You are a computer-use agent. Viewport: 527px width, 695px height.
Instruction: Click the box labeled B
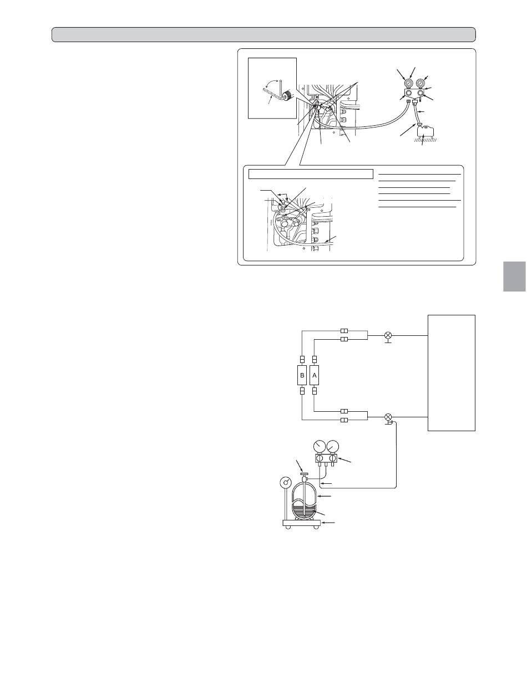click(302, 375)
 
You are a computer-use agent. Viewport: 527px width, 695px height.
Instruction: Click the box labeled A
click(314, 375)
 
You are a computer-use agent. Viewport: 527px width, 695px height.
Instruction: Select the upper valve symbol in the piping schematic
click(388, 335)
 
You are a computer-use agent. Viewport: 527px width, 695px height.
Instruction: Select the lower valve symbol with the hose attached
click(388, 417)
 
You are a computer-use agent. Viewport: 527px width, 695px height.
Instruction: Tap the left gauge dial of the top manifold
click(409, 84)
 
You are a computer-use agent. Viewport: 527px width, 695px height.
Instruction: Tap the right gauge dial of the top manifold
click(420, 84)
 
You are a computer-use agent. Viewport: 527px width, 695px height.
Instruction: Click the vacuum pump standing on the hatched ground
click(425, 132)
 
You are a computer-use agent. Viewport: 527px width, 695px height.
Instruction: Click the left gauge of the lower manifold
click(319, 447)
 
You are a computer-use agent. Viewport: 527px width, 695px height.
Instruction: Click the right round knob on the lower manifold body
click(332, 458)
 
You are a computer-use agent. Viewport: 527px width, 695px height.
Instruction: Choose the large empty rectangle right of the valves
click(451, 372)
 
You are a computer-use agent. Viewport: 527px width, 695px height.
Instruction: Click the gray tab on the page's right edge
click(514, 277)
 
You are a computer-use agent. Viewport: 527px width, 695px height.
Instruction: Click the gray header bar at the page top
click(263, 34)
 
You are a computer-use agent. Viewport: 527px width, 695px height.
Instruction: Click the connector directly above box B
click(302, 359)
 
